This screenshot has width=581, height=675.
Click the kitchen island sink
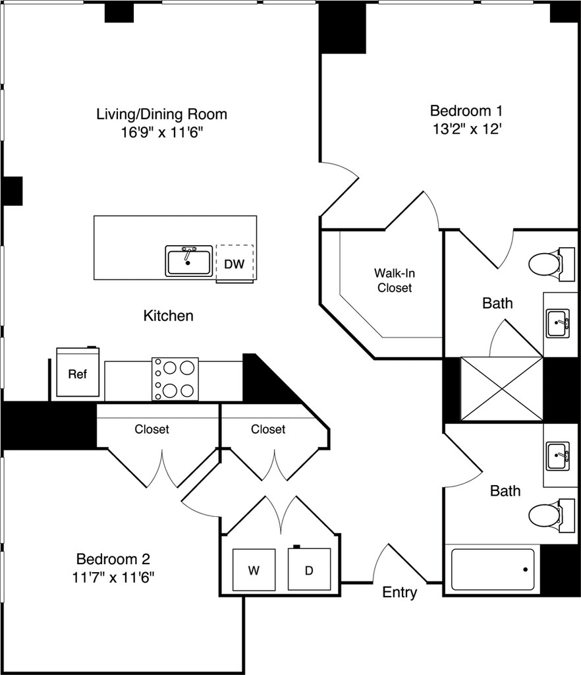point(189,260)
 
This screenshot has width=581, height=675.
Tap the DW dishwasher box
point(235,264)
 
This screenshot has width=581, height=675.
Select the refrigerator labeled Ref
point(78,372)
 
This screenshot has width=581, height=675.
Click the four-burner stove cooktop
point(175,379)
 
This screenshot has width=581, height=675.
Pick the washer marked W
point(254,570)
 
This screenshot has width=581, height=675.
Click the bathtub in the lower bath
point(493,570)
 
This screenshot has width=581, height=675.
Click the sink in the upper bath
point(558,323)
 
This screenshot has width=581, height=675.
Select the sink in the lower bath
point(558,456)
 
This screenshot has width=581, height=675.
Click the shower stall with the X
point(502,389)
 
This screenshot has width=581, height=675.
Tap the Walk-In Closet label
point(395,280)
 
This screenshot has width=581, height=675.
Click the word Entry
point(399,593)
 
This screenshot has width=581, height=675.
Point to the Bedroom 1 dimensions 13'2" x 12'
point(467,129)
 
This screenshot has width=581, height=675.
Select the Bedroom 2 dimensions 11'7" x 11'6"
point(113,577)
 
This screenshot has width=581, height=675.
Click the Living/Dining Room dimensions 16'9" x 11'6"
point(161,132)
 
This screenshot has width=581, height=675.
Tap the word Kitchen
point(168,316)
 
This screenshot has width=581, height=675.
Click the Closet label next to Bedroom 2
point(152,429)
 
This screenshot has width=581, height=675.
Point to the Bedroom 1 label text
point(466,111)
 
